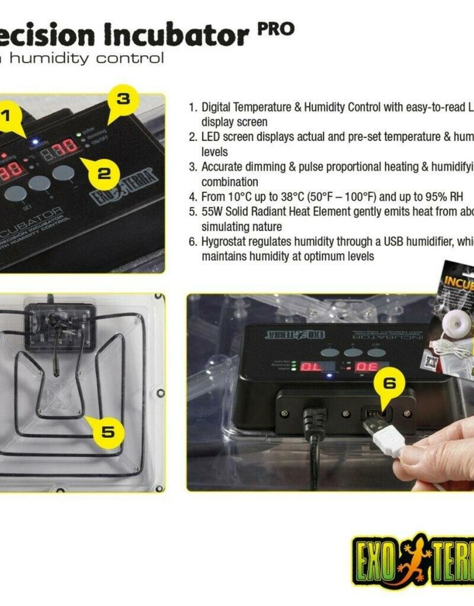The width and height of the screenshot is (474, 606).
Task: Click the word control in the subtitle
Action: tap(130, 58)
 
